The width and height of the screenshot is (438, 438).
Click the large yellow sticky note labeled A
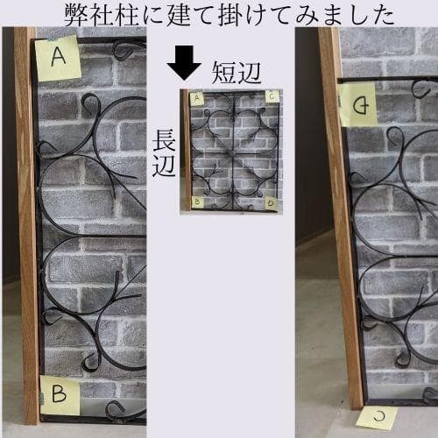58,58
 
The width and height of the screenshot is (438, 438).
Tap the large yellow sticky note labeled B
59,396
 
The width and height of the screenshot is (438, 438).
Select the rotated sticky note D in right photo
358,106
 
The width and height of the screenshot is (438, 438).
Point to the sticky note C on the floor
377,417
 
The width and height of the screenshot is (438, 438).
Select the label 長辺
165,153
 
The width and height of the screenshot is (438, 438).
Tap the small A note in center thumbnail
197,97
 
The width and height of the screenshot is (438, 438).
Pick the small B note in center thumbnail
198,202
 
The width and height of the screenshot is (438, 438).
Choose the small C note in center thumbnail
272,96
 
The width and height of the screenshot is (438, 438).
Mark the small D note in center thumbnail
272,203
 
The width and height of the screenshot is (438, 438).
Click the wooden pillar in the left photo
26,228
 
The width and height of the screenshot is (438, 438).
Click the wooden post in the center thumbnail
186,151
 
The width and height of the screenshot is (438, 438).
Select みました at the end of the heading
346,14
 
